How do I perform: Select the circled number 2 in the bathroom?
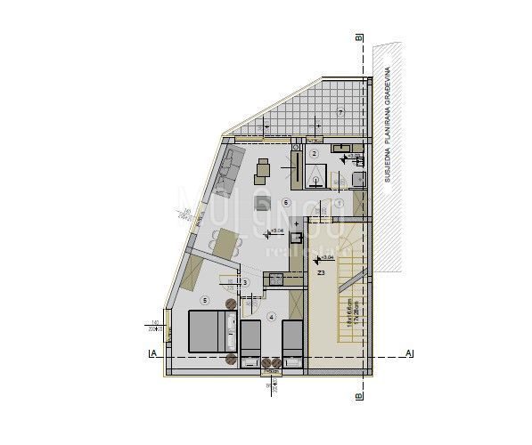pyautogui.click(x=314, y=153)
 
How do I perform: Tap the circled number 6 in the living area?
pyautogui.click(x=285, y=202)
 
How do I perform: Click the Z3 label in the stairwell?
pyautogui.click(x=321, y=273)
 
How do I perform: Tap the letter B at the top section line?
pyautogui.click(x=357, y=38)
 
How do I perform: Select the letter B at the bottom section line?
pyautogui.click(x=357, y=397)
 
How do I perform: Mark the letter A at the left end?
pyautogui.click(x=154, y=354)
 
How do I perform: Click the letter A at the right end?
pyautogui.click(x=409, y=354)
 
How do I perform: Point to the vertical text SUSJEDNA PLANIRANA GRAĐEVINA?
pyautogui.click(x=389, y=124)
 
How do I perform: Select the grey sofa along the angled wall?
pyautogui.click(x=229, y=171)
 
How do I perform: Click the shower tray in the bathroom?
pyautogui.click(x=317, y=178)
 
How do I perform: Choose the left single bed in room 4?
pyautogui.click(x=250, y=339)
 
